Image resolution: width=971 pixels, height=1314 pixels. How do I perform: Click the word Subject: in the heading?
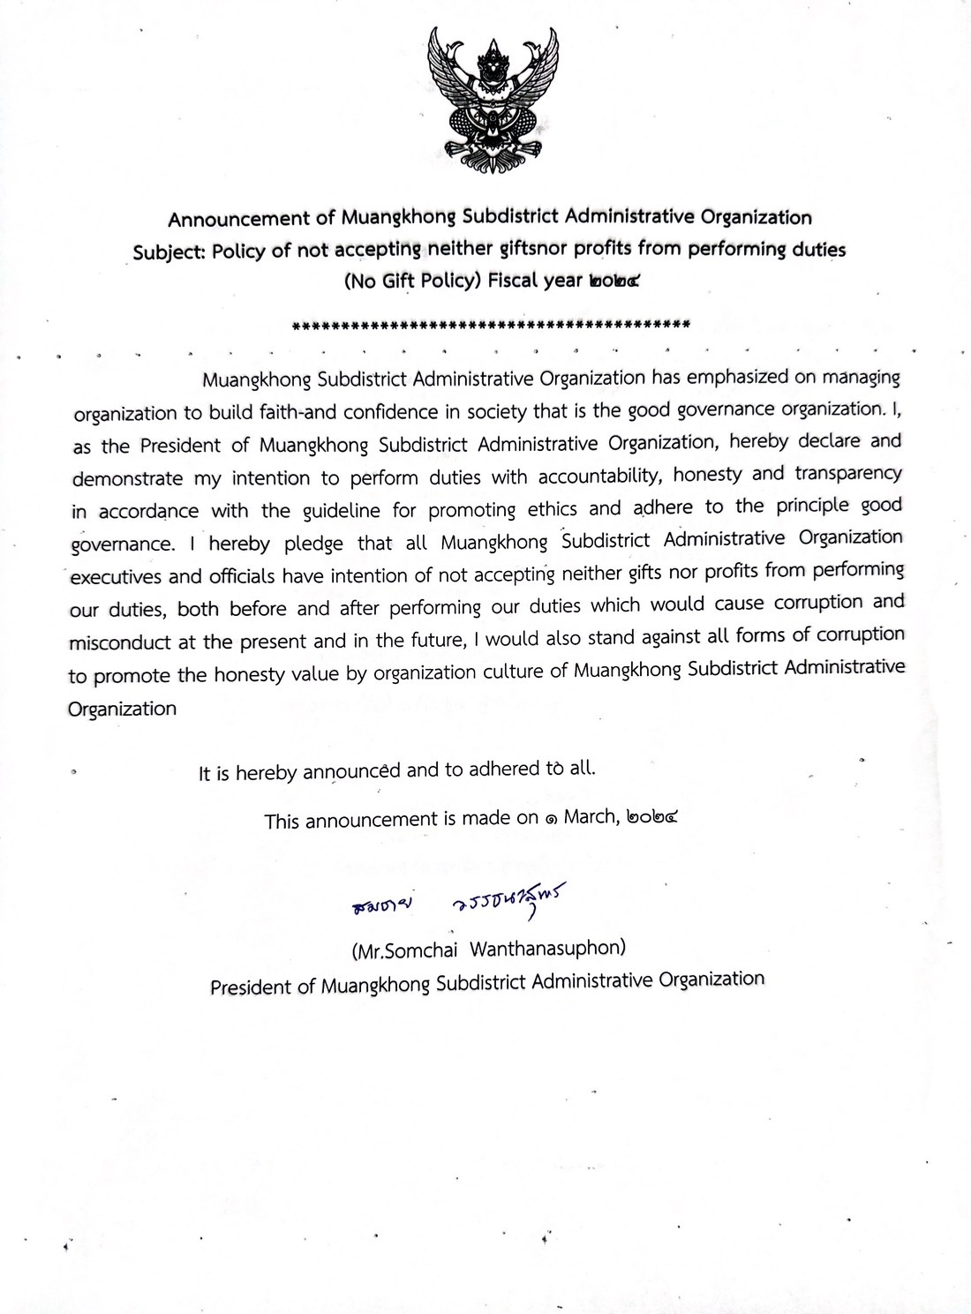[x=169, y=252]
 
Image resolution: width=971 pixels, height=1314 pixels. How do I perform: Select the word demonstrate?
[x=127, y=479]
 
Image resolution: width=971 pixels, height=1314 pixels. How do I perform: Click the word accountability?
[x=600, y=476]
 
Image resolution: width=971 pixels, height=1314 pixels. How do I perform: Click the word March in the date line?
[x=590, y=817]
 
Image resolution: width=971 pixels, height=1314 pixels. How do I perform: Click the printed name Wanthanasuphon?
[x=547, y=950]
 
